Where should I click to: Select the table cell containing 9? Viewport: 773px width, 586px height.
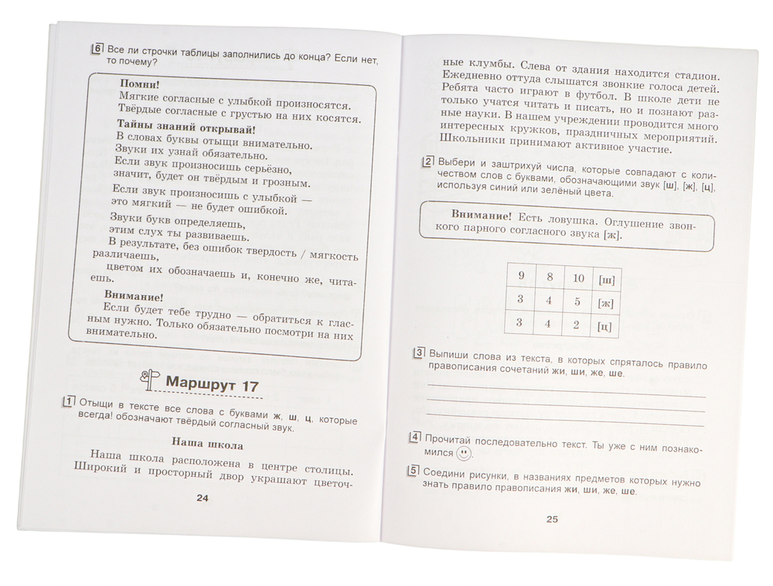(x=521, y=274)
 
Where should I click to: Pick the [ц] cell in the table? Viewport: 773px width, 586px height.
(x=604, y=327)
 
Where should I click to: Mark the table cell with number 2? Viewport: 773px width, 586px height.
(x=574, y=325)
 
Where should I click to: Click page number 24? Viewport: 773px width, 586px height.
(x=203, y=498)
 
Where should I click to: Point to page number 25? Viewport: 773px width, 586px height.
(x=552, y=519)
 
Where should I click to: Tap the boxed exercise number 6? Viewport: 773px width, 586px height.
(x=97, y=49)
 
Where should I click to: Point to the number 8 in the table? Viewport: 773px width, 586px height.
(x=549, y=276)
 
